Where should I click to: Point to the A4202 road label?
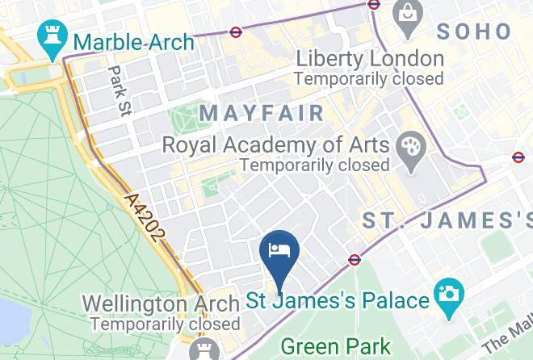146,216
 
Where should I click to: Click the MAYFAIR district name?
262,113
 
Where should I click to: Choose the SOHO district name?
474,31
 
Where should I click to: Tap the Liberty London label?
369,59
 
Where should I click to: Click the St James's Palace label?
337,301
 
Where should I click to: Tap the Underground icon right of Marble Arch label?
235,33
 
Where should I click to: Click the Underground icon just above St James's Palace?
355,260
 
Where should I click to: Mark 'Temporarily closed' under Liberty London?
369,79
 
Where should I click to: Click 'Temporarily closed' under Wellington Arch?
165,324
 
